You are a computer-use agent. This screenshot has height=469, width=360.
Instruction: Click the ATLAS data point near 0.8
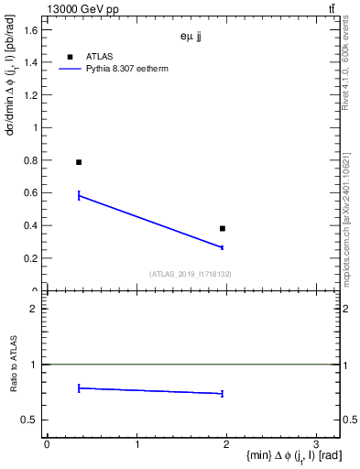coord(79,162)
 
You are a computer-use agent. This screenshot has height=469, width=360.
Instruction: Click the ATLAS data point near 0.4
coord(223,228)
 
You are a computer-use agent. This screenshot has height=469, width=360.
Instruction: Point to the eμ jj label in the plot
coord(194,38)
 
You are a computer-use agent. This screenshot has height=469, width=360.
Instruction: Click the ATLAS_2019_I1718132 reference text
coord(191,274)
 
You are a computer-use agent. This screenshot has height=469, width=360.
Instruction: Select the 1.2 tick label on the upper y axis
coord(30,95)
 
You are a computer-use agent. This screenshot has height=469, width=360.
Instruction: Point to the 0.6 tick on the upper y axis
coord(30,193)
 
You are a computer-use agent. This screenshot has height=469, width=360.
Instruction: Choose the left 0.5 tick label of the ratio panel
coord(30,420)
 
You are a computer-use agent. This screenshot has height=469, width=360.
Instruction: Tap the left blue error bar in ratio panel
coord(79,388)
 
